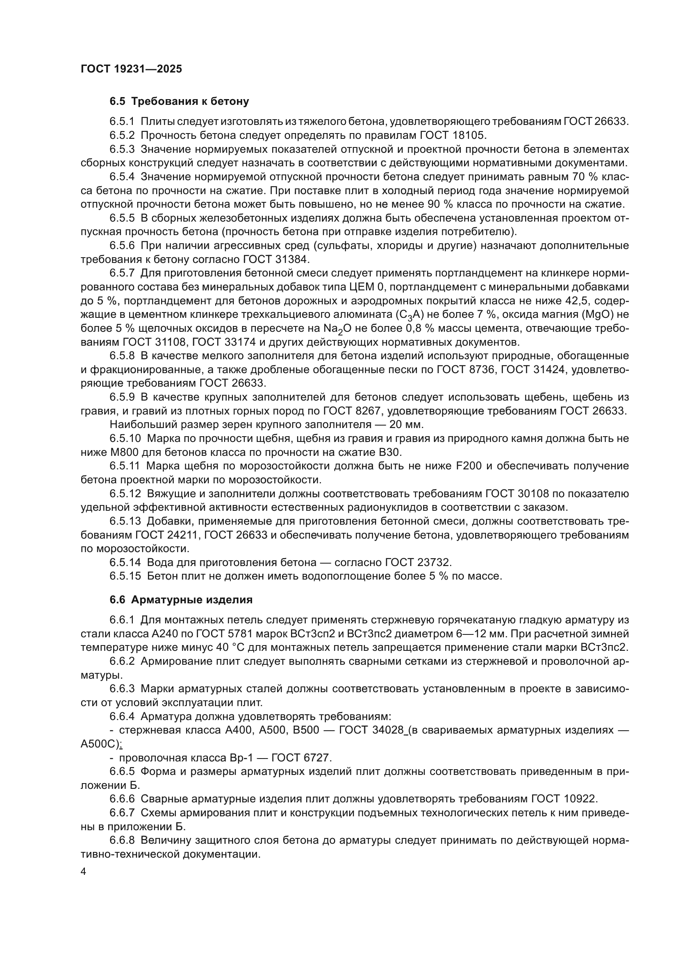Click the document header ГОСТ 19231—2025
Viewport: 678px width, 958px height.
pyautogui.click(x=131, y=69)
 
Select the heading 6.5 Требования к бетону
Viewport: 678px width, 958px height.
pyautogui.click(x=180, y=101)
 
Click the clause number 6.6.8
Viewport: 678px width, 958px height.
pyautogui.click(x=122, y=840)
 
